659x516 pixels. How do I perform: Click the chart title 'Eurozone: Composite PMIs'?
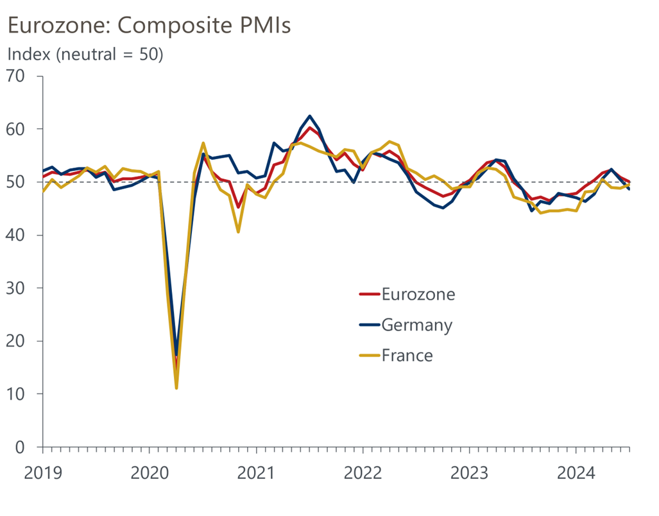coord(148,25)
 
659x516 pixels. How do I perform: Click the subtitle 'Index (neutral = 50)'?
coord(85,55)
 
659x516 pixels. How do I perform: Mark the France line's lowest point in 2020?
coord(176,388)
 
